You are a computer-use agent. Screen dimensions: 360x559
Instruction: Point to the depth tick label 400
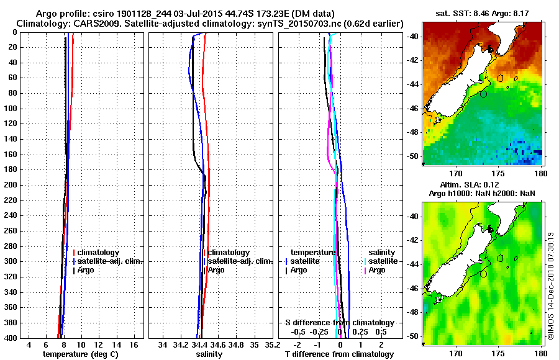[11, 338]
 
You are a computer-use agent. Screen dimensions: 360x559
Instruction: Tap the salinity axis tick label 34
[163, 344]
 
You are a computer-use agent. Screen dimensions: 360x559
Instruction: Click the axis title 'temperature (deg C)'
[80, 354]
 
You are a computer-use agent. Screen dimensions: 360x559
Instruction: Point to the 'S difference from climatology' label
[339, 323]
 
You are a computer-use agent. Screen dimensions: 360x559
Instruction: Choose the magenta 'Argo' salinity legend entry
[377, 270]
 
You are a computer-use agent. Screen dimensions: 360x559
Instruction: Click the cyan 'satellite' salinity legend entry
[383, 261]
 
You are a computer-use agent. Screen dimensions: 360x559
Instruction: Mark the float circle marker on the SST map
[484, 94]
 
